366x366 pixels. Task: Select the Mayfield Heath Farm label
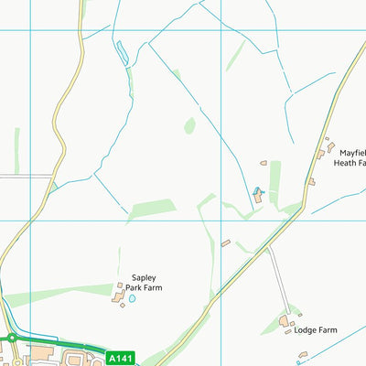(353, 158)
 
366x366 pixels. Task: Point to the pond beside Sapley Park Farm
(132, 298)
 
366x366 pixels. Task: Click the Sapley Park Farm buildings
(120, 294)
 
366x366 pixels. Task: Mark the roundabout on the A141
(13, 339)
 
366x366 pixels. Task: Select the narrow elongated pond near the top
(121, 53)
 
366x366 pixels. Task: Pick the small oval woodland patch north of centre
(189, 125)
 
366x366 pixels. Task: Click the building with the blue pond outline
(257, 193)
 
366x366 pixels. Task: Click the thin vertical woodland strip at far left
(16, 151)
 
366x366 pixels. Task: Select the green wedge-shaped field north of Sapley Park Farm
(151, 209)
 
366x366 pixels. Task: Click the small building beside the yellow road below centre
(226, 242)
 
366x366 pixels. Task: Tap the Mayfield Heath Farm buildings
(323, 151)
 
